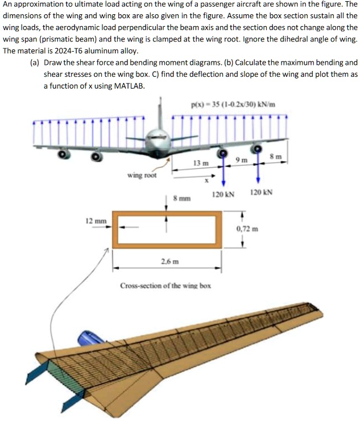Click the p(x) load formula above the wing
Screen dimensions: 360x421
click(x=225, y=104)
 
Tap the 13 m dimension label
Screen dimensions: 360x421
click(x=201, y=163)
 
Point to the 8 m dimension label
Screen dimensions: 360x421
click(x=275, y=156)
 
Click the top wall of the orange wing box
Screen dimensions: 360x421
click(x=166, y=215)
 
